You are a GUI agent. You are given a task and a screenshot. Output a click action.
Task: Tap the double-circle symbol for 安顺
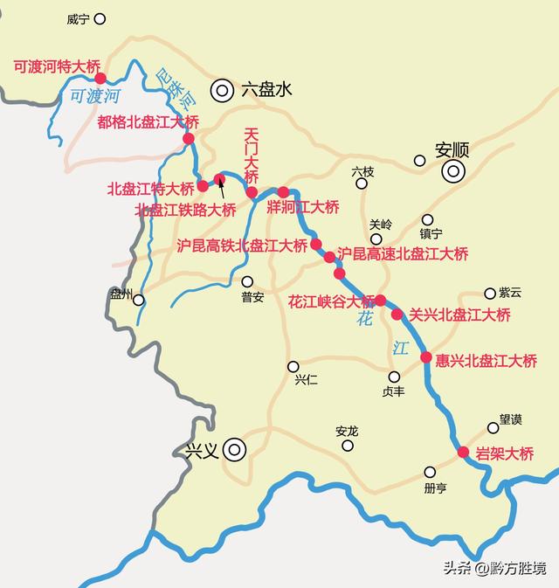[452, 171]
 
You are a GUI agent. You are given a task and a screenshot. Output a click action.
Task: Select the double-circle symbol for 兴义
[234, 451]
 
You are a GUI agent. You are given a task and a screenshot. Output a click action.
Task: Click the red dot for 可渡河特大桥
[100, 79]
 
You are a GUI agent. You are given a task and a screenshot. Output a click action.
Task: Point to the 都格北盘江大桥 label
[148, 121]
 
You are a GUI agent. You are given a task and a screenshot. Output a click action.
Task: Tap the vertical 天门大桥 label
[252, 153]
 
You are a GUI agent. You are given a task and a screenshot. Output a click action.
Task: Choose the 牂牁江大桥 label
[303, 207]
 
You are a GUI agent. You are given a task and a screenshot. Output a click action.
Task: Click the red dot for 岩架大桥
[463, 452]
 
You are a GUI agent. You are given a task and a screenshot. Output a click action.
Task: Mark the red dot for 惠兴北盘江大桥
[426, 356]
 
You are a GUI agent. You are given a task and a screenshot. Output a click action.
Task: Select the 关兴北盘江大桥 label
[460, 315]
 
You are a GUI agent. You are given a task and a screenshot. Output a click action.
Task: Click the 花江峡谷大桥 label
[331, 301]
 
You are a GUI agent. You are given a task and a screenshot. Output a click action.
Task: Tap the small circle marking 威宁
[100, 18]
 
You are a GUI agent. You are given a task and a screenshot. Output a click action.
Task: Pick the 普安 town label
[252, 297]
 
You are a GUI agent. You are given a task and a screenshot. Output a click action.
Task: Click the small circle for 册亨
[430, 472]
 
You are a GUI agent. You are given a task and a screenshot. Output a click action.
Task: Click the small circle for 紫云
[490, 294]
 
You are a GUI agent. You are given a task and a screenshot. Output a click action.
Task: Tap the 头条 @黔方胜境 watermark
[494, 569]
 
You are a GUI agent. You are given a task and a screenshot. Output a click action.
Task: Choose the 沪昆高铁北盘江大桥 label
[242, 246]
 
